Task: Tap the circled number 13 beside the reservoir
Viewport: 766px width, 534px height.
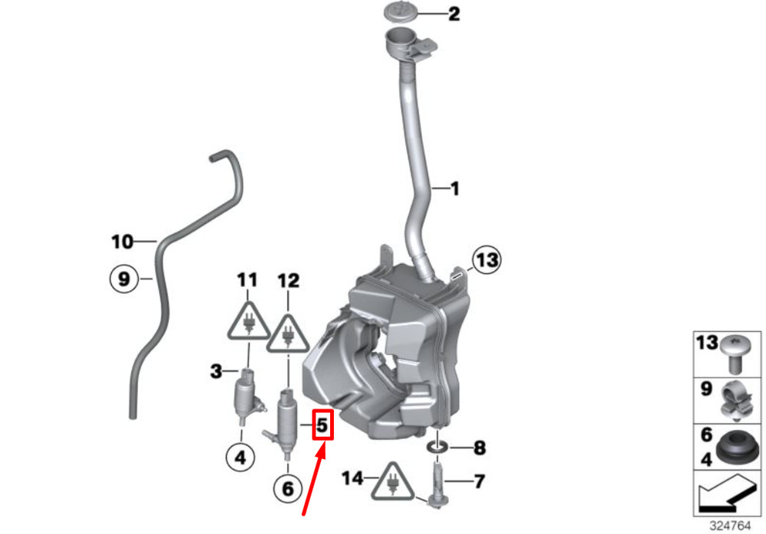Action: pos(486,259)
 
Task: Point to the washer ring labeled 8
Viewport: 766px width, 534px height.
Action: pos(437,447)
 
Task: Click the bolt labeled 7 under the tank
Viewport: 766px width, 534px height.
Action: pos(437,484)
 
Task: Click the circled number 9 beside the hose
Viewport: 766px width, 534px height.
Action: pos(124,279)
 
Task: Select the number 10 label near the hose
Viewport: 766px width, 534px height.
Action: pos(122,242)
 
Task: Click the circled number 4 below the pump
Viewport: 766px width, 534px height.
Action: pos(241,457)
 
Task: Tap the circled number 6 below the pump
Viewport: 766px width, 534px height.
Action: pos(288,488)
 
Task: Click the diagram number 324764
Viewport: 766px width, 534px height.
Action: pos(730,526)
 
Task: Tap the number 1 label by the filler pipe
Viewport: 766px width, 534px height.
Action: pos(455,188)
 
